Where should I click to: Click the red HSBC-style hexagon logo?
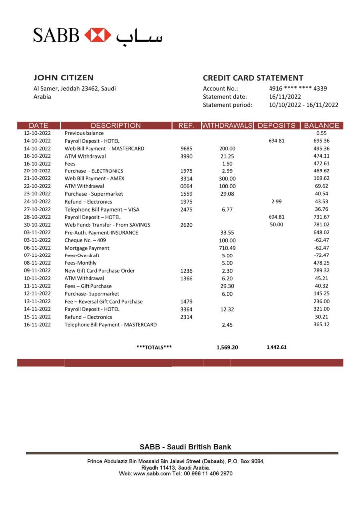[97, 35]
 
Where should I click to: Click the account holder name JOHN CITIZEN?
[63, 78]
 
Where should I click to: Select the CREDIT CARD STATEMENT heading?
[253, 78]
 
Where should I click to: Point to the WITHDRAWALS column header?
[227, 126]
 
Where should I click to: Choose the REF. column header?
[186, 126]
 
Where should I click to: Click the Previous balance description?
[84, 133]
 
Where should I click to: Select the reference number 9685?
[186, 149]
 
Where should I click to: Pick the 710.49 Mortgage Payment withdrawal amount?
[227, 248]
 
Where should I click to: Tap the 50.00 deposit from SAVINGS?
[277, 225]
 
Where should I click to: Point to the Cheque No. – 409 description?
[85, 240]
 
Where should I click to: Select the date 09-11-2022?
[37, 271]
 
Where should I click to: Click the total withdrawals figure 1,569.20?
[227, 347]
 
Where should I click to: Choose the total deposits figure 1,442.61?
[276, 347]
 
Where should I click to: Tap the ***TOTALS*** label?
[154, 347]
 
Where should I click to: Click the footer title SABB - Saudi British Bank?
[185, 447]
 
